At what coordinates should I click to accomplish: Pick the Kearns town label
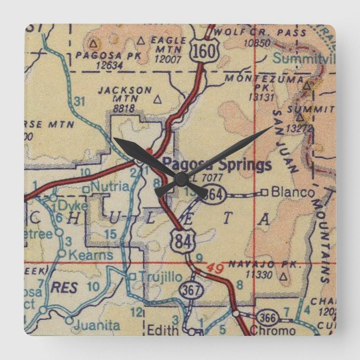coord(92,255)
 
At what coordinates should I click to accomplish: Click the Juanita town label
coord(100,325)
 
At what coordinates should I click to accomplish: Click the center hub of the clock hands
coord(181,179)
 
